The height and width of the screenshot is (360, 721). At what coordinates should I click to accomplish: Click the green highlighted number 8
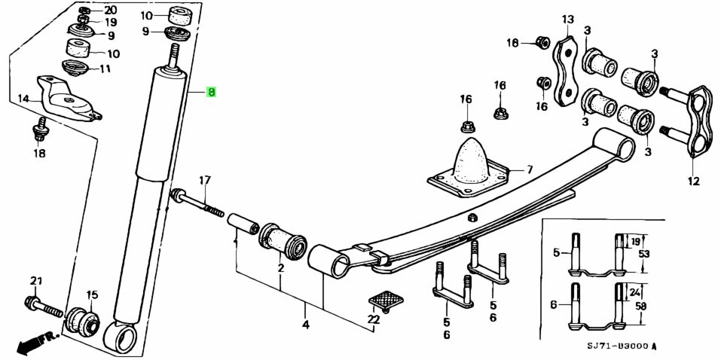212,93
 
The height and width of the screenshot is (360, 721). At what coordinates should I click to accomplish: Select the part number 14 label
23,98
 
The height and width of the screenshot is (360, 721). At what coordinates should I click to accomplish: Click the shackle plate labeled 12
698,121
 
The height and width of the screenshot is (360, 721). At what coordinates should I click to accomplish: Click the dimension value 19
634,242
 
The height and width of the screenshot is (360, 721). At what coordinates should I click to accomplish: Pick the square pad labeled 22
385,301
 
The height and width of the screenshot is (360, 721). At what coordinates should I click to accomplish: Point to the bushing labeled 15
84,322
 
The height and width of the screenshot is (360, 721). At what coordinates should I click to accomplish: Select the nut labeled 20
85,11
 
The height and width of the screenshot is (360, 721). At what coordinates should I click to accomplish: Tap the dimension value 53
643,255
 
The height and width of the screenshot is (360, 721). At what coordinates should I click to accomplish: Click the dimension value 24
634,293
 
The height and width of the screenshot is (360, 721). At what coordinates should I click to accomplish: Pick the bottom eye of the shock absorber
121,337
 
